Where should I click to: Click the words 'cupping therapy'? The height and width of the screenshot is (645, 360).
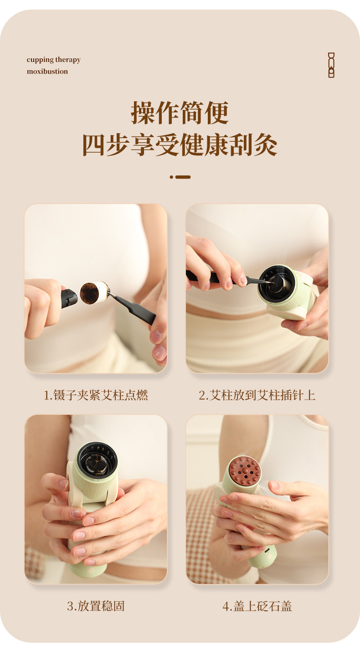(53, 60)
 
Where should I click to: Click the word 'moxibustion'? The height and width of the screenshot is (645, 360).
(47, 72)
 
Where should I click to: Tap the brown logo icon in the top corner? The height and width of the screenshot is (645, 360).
(331, 65)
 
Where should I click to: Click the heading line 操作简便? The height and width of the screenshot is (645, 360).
(180, 113)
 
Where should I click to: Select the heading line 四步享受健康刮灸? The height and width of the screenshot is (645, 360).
(180, 145)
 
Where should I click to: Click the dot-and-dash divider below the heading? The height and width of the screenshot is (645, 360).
(180, 177)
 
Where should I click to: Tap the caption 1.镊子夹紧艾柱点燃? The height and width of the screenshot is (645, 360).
(96, 395)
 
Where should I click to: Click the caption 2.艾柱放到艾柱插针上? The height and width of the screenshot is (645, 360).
(257, 395)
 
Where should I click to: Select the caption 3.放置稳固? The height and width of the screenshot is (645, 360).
(96, 606)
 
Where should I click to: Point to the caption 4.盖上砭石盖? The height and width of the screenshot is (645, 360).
(257, 606)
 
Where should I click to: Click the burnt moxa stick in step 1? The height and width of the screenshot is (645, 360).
(94, 293)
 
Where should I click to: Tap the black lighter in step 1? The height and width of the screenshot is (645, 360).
(69, 299)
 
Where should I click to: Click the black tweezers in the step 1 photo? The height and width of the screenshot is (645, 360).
(132, 308)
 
